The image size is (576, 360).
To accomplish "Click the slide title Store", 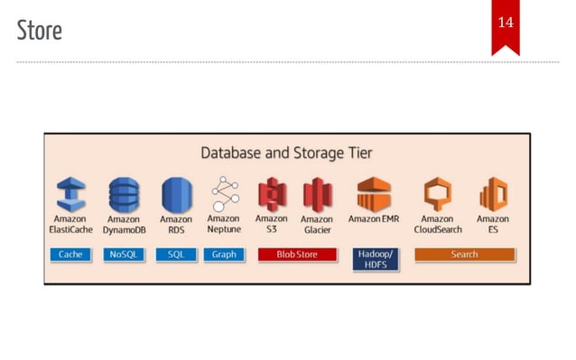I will pos(40,31).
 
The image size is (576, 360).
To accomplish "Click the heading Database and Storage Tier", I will pos(286,152).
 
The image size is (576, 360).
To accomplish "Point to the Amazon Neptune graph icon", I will pos(224,192).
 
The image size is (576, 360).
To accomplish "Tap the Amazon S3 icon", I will pos(272,193).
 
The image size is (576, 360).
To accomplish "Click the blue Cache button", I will pos(71,254).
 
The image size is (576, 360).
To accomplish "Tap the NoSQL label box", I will pos(124,254).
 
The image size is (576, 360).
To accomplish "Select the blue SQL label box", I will pos(176,254).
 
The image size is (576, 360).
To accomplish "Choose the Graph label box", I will pos(224,254).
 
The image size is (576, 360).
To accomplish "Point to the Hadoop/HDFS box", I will pos(375,259).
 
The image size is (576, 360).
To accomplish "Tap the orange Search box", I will pos(464,254).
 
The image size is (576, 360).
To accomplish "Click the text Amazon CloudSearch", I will pos(438,224).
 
